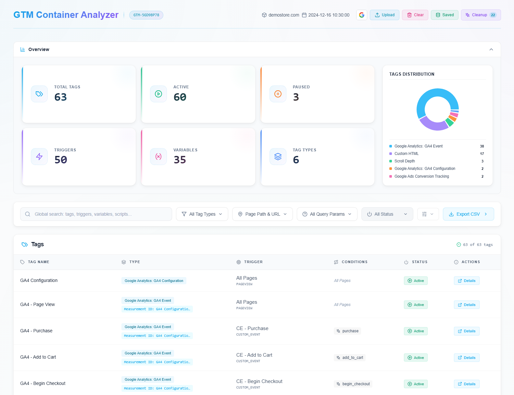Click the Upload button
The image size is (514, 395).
pos(384,15)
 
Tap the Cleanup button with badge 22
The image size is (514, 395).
pos(481,15)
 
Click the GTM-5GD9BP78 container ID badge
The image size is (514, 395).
pos(146,15)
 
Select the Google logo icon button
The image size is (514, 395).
pos(361,15)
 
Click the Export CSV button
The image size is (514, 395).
pos(468,214)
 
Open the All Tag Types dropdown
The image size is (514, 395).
pos(202,214)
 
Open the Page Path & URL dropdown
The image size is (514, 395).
pos(262,214)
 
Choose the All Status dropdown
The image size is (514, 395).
pos(387,214)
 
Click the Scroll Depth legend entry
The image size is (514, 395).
pos(405,161)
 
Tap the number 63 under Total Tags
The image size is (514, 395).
pos(61,97)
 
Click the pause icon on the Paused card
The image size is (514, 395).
pos(278,94)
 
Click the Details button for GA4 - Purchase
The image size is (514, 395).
pos(467,331)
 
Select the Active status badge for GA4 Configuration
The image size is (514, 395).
pos(416,281)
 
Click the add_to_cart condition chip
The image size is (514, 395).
pos(350,358)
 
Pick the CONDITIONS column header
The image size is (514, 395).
pos(354,262)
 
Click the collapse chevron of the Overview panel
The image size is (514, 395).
pos(491,49)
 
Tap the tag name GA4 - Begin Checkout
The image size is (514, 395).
pos(43,383)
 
